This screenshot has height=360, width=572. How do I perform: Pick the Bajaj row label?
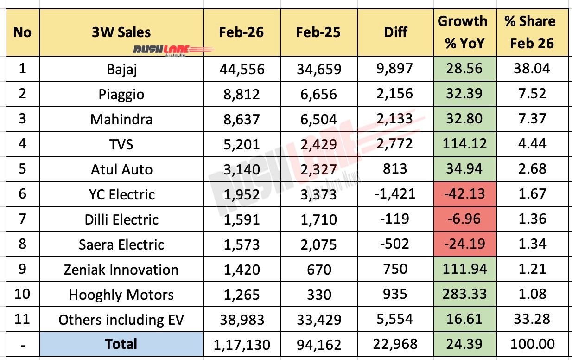[x=121, y=69]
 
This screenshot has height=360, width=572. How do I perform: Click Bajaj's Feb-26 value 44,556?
[x=242, y=69]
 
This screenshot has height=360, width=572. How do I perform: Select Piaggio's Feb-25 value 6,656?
[x=319, y=94]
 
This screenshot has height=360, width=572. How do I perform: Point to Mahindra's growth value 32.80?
[x=463, y=119]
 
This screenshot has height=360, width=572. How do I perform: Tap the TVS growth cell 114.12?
[x=463, y=144]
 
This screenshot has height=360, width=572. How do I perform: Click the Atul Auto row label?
[x=121, y=169]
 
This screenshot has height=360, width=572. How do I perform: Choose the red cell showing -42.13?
[x=463, y=194]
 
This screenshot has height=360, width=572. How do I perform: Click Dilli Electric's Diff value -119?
[x=395, y=219]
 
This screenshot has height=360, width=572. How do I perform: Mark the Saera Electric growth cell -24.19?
[x=463, y=244]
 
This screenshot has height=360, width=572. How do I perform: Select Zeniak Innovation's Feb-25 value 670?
[x=319, y=269]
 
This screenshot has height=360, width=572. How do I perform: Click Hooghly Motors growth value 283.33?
[x=463, y=294]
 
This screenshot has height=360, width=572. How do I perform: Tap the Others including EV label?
[x=121, y=319]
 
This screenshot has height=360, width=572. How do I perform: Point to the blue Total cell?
[x=121, y=344]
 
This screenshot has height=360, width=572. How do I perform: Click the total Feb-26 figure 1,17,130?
[x=242, y=344]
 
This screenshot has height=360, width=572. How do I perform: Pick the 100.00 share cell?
[x=532, y=344]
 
